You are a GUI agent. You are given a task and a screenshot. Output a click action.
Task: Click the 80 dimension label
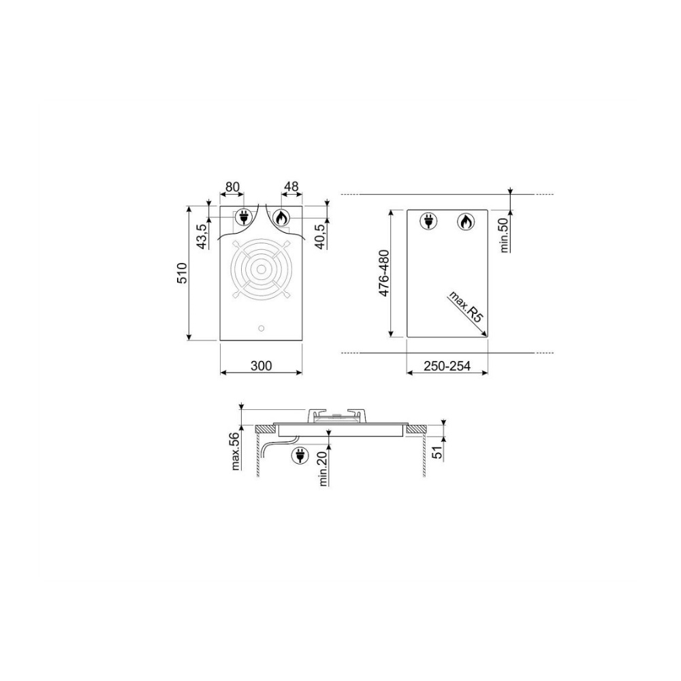click(x=232, y=187)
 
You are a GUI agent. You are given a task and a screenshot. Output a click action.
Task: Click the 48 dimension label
click(x=291, y=187)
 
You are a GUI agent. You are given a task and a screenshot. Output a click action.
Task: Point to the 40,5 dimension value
click(x=321, y=236)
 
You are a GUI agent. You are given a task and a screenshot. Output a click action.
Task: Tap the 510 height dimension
click(x=182, y=273)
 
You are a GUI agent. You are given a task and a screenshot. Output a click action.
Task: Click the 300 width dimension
click(x=261, y=366)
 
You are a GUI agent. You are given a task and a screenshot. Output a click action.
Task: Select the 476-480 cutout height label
click(x=384, y=273)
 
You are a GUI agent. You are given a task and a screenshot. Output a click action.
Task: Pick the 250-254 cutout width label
click(x=447, y=366)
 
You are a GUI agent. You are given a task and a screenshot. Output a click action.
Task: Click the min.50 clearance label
click(x=504, y=235)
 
